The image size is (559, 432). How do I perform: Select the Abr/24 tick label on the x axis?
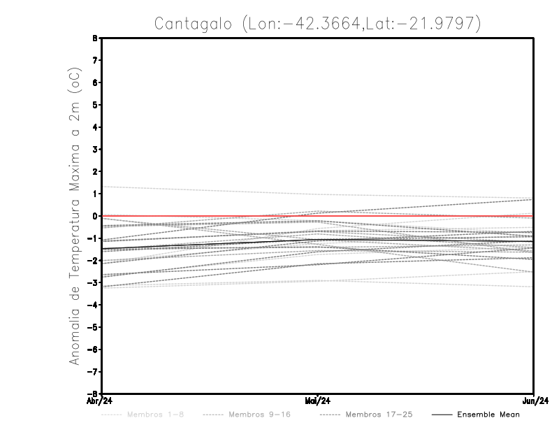pos(101,401)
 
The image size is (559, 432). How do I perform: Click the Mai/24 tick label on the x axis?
pos(318,401)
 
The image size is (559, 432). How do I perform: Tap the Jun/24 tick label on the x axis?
pos(534,401)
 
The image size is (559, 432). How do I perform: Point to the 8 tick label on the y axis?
pos(94,38)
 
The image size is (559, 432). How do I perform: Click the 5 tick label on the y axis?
pos(94,105)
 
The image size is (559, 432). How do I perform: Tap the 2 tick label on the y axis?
pos(94,171)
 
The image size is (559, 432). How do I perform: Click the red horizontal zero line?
pos(210,216)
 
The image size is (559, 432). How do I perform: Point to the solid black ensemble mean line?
pos(210,245)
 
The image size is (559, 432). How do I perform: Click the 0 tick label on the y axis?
pos(94,216)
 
